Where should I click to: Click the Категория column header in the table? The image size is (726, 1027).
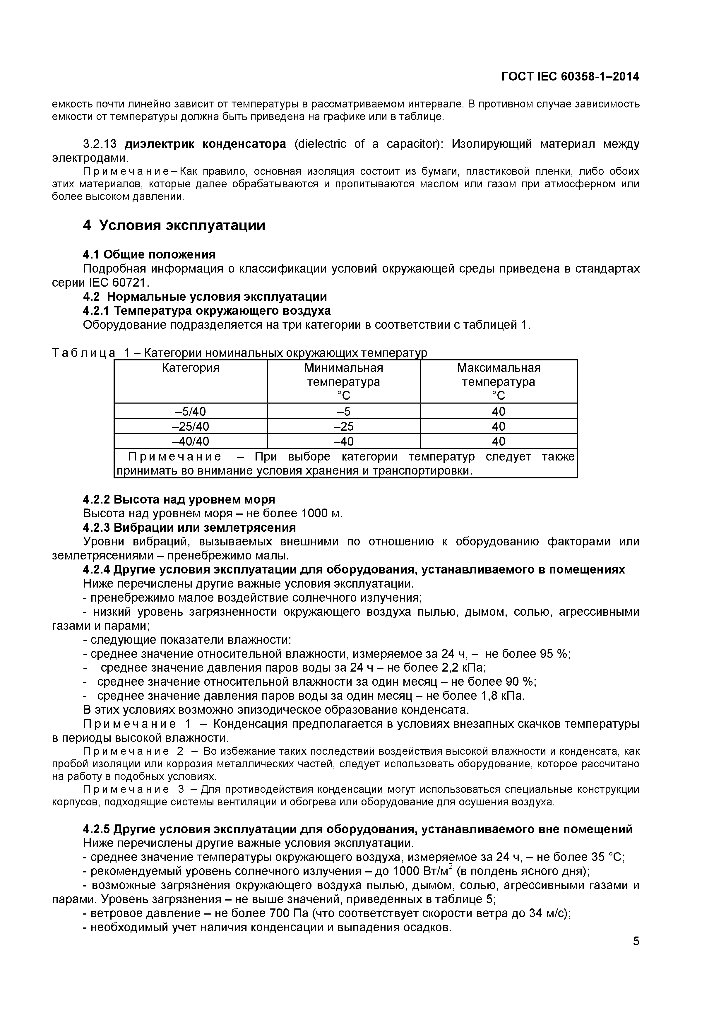[x=191, y=368]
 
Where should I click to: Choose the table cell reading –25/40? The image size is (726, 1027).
[x=191, y=426]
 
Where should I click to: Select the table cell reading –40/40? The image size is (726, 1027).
[x=191, y=441]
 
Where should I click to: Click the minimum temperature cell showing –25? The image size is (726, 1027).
[x=344, y=426]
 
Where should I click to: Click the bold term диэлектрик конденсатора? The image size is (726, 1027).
[x=205, y=144]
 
